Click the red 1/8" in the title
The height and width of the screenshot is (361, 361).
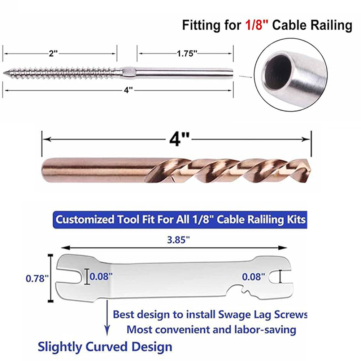point(257,25)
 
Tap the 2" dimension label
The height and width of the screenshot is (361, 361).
point(53,53)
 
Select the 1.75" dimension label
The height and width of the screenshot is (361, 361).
point(187,53)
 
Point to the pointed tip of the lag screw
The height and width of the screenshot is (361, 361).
point(4,73)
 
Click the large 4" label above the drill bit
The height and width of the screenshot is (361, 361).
point(179,139)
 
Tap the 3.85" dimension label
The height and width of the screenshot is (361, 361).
point(178,240)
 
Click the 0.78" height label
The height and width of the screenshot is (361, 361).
point(37,278)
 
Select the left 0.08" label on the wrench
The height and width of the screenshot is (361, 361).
point(101,276)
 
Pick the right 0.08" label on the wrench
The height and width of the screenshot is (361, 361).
point(253,277)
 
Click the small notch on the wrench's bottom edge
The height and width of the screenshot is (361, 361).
point(244,290)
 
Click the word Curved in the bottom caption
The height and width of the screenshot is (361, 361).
point(107,347)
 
